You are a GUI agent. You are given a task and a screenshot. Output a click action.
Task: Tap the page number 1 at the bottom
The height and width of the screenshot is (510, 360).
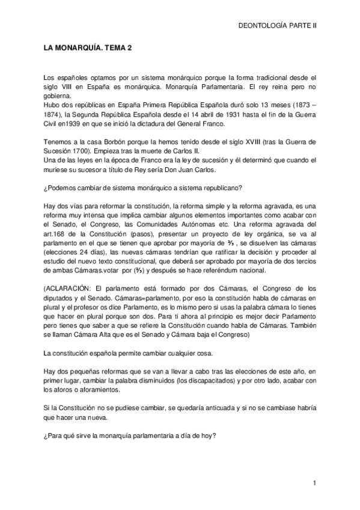[x=314, y=484]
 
